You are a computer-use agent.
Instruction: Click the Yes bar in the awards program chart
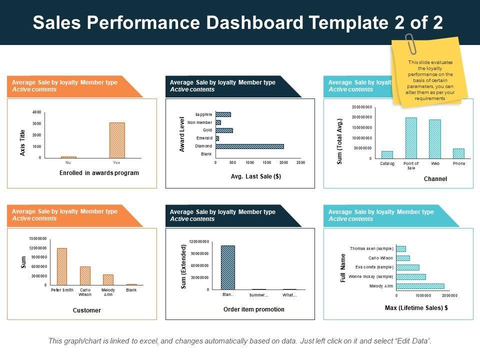(x=117, y=140)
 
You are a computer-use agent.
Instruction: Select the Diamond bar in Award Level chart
(x=249, y=146)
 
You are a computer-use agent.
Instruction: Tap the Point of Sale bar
(x=411, y=138)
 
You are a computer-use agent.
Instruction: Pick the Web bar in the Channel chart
(x=435, y=139)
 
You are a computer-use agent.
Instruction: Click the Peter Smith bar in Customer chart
(x=62, y=266)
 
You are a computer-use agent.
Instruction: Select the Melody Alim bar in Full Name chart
(x=420, y=286)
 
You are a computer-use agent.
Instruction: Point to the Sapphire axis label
(x=203, y=114)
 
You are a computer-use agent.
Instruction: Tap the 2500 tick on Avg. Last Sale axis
(x=300, y=163)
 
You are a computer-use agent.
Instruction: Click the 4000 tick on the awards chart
(x=37, y=112)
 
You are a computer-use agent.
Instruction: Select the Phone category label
(x=458, y=163)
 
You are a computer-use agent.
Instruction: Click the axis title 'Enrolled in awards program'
(x=99, y=173)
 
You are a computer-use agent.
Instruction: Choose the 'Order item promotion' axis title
(x=253, y=309)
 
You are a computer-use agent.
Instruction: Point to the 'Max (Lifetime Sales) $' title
(x=416, y=308)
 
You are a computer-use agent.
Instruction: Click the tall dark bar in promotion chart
(x=227, y=267)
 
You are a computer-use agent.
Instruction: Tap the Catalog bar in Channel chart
(x=387, y=154)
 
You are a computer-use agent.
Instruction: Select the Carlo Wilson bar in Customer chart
(x=85, y=275)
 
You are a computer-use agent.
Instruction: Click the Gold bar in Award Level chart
(x=224, y=130)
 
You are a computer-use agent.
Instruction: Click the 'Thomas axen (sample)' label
(x=371, y=248)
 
